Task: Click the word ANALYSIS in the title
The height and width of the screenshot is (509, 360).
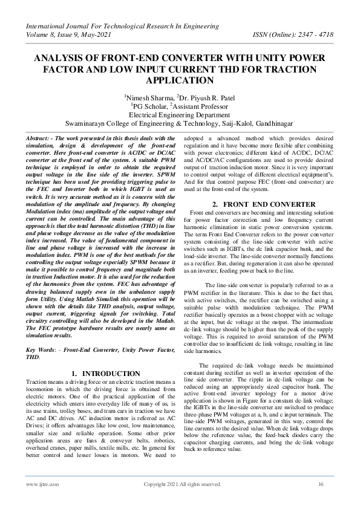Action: (59, 58)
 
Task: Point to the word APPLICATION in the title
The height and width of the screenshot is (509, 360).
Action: (180, 80)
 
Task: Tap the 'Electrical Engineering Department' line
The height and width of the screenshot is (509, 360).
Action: (180, 112)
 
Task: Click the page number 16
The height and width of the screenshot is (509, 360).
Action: (321, 484)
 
